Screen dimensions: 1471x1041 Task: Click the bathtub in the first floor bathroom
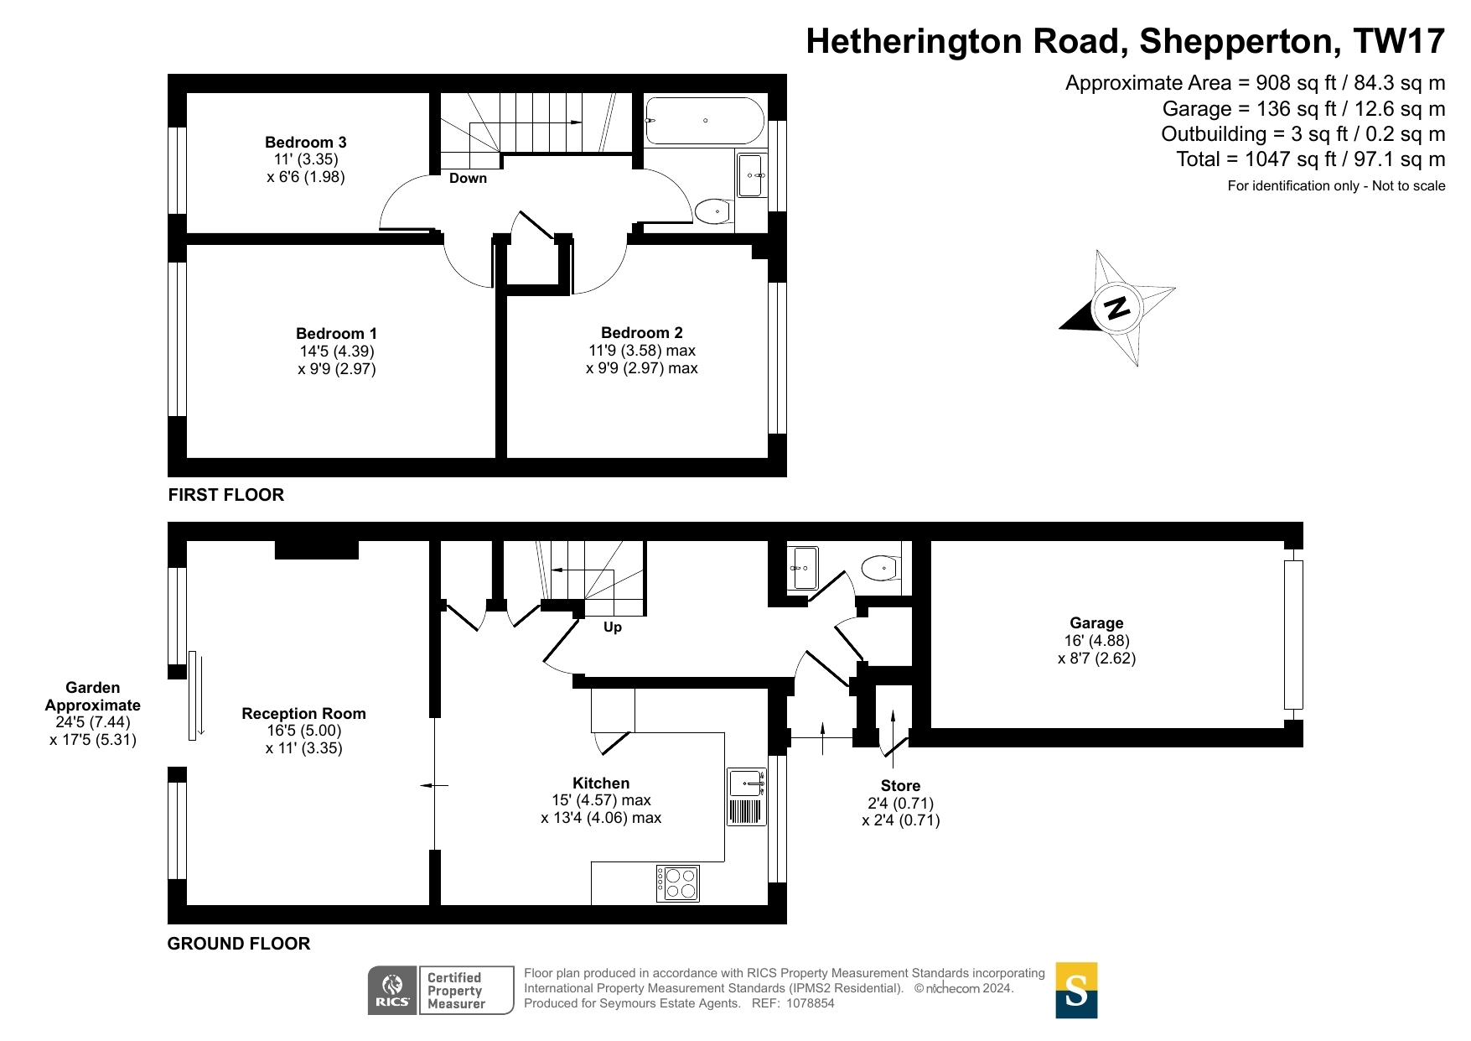[x=704, y=121]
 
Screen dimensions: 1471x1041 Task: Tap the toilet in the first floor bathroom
[x=714, y=211]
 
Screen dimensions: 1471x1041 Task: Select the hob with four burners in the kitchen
[x=678, y=883]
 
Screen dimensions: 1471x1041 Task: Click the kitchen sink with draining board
[x=746, y=797]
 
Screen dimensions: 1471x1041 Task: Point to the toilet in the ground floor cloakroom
[x=881, y=568]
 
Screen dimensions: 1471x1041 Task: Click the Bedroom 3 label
[x=306, y=143]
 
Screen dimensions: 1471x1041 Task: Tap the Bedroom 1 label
[x=337, y=334]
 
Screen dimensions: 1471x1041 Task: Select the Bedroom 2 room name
[x=642, y=333]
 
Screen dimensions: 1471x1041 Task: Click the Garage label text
[x=1096, y=623]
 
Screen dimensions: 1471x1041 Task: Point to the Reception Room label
[x=304, y=714]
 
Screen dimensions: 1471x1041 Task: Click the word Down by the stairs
[x=468, y=178]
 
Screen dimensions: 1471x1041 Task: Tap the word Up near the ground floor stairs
[x=613, y=627]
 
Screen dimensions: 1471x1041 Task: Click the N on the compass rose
[x=1116, y=308]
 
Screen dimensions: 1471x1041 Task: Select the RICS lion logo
[x=393, y=991]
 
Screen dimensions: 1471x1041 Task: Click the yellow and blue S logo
[x=1076, y=991]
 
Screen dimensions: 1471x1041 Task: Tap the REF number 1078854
[x=810, y=1003]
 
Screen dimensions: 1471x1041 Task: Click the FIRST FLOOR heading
[x=226, y=495]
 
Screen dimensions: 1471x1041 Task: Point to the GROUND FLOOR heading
[x=239, y=944]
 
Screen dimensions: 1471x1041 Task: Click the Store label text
[x=901, y=786]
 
